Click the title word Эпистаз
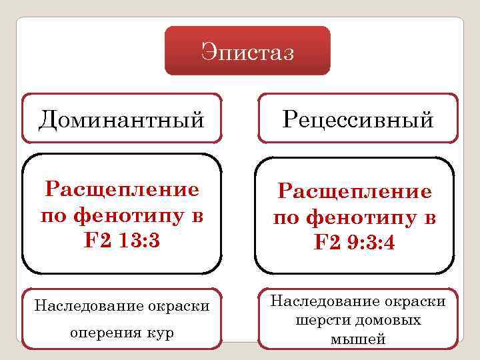click(x=247, y=52)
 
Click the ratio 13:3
click(x=137, y=239)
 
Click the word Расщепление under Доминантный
click(x=122, y=190)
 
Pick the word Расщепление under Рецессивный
click(x=355, y=193)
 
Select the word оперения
click(x=106, y=332)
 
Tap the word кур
click(x=161, y=332)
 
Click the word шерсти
click(x=321, y=321)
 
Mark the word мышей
click(x=357, y=339)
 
